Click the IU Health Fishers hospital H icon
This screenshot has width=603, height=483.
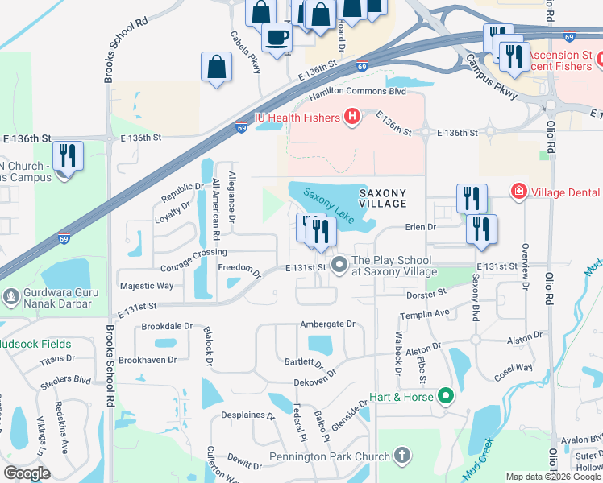click(351, 118)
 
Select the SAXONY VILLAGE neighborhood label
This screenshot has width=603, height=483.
click(382, 199)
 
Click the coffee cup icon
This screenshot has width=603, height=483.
click(277, 37)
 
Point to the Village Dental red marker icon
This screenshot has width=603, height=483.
click(518, 192)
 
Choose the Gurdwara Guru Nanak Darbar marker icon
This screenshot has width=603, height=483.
click(11, 296)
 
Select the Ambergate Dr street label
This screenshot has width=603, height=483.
click(327, 324)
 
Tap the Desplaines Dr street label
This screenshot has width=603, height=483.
click(248, 418)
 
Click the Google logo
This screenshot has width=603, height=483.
click(27, 473)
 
